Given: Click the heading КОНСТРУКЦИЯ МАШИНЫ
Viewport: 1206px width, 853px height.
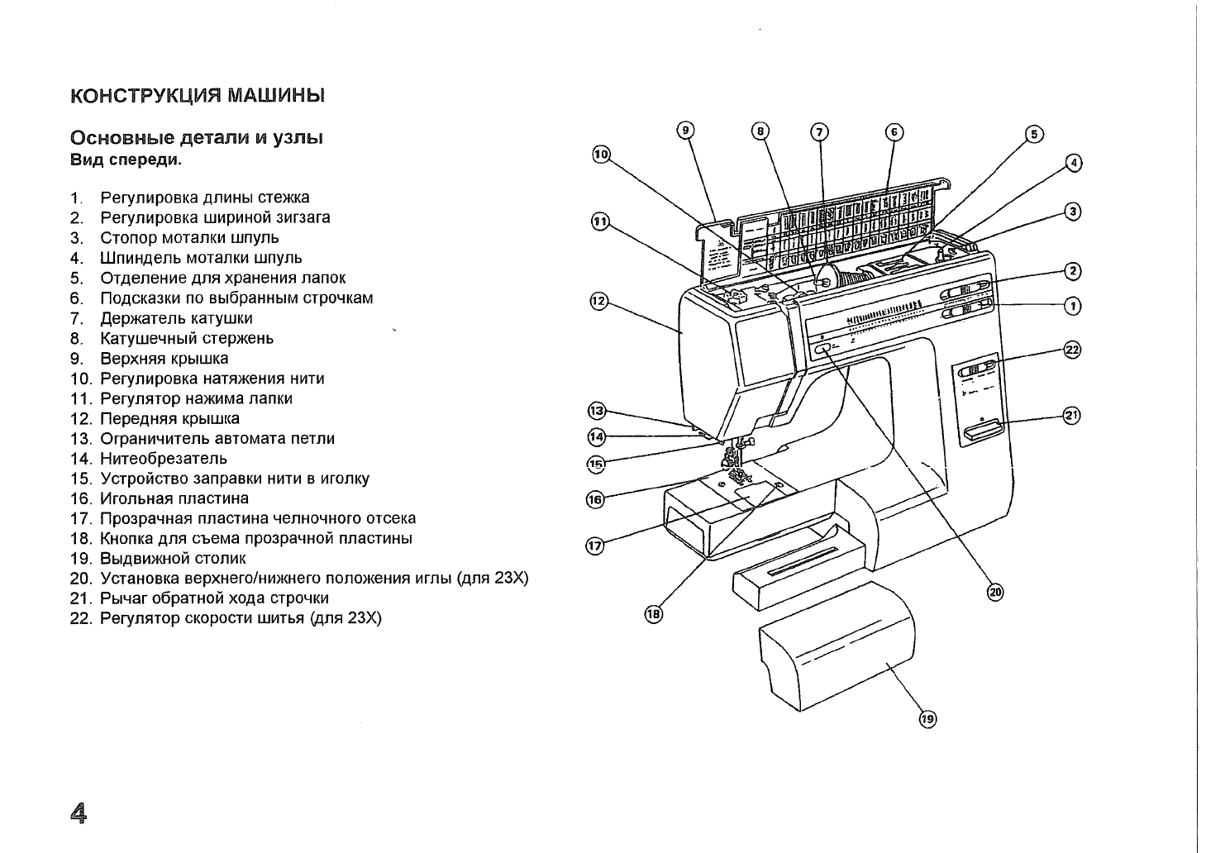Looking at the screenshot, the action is pyautogui.click(x=198, y=96).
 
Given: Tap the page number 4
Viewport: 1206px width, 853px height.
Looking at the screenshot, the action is pyautogui.click(x=79, y=813).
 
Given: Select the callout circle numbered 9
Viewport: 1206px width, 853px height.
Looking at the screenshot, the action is pyautogui.click(x=685, y=131).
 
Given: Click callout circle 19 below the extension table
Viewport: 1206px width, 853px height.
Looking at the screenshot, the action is pyautogui.click(x=927, y=719).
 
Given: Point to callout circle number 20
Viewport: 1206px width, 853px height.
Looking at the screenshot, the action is pyautogui.click(x=995, y=593).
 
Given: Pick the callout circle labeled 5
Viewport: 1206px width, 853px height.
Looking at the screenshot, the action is pyautogui.click(x=1034, y=134).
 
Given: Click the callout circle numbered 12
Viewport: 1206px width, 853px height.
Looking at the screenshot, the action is pyautogui.click(x=598, y=301).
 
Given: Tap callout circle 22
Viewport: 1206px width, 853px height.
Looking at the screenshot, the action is pyautogui.click(x=1072, y=350).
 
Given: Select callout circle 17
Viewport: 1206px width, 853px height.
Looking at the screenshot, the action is pyautogui.click(x=595, y=546).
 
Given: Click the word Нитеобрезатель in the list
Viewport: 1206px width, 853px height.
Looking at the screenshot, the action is pyautogui.click(x=164, y=459).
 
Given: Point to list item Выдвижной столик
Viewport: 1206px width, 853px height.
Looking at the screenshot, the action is pyautogui.click(x=174, y=559).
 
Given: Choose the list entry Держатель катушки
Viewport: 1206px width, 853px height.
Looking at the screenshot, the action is pyautogui.click(x=176, y=318).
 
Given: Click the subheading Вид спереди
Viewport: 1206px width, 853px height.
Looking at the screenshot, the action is pyautogui.click(x=126, y=160).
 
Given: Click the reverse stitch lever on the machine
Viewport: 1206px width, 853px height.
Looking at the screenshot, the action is pyautogui.click(x=983, y=431).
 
